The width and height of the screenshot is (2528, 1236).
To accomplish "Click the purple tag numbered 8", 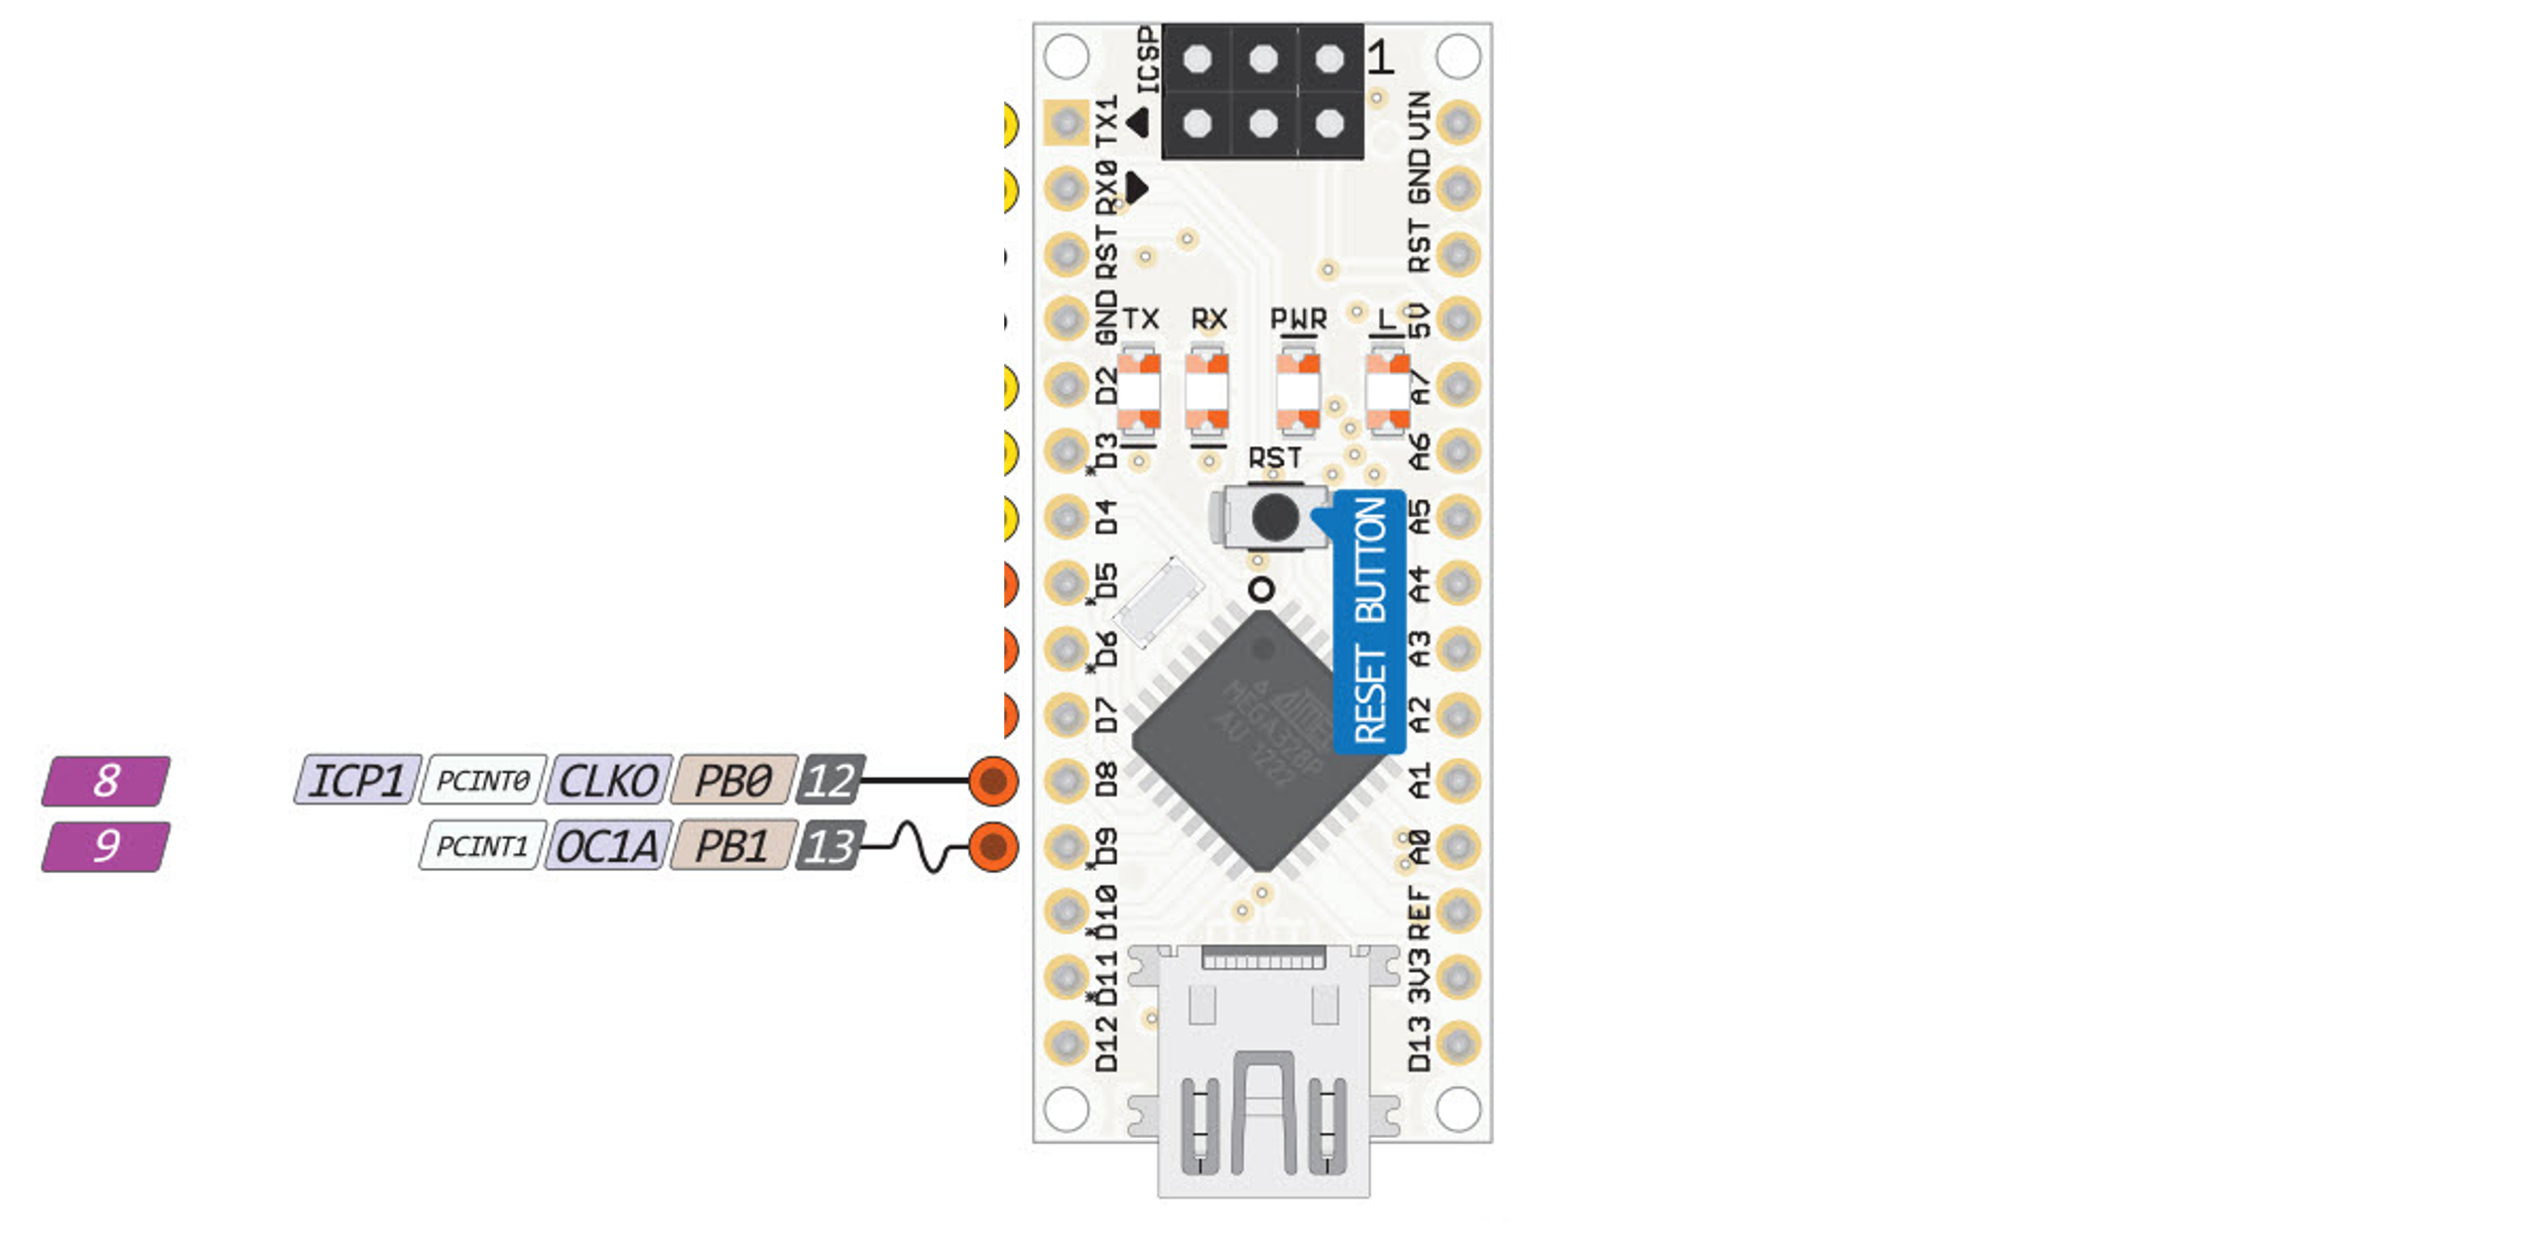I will (x=106, y=781).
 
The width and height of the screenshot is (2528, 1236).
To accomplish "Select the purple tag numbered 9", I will (x=106, y=846).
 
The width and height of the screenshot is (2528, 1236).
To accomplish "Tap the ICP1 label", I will (x=357, y=781).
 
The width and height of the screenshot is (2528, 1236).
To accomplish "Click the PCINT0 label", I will (x=482, y=781).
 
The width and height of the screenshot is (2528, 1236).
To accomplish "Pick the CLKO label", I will (x=608, y=781).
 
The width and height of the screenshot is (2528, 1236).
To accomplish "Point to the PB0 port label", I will (x=733, y=781).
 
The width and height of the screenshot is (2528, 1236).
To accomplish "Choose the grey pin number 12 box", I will (x=829, y=781).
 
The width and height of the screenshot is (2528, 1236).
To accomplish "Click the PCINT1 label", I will (x=482, y=846).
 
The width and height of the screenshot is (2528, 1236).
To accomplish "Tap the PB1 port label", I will (x=733, y=846).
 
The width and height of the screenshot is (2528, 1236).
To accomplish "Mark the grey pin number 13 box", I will (x=829, y=846).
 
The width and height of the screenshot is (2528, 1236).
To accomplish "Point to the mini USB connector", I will (x=1263, y=1071).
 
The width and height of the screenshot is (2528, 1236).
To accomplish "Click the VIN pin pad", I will (x=1457, y=123).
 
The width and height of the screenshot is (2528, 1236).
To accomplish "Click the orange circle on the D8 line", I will (x=993, y=781).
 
